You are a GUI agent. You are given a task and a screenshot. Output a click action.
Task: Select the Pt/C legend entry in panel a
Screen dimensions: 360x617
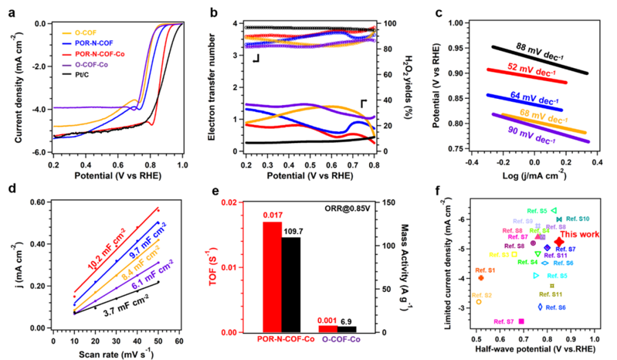84,76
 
